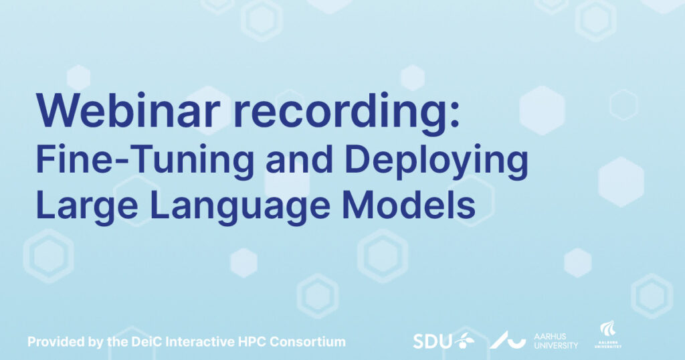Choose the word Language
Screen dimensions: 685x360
240,207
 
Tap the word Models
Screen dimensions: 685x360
409,205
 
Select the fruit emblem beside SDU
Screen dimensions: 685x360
464,340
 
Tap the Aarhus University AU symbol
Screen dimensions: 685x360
507,340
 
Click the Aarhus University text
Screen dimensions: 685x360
556,341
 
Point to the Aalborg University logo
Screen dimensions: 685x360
608,335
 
